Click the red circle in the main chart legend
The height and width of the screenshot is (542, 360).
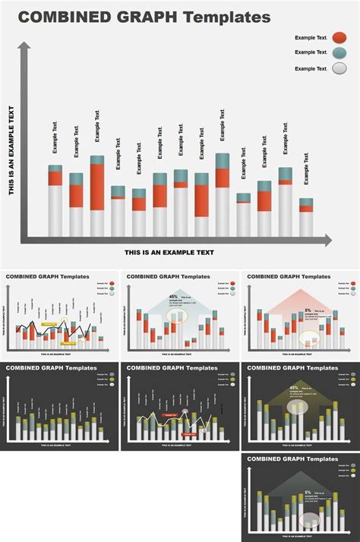[x=339, y=37]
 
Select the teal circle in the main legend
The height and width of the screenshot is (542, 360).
[x=339, y=52]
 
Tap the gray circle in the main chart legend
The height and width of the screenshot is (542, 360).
[x=339, y=68]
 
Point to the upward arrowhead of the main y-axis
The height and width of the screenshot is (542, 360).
[x=24, y=48]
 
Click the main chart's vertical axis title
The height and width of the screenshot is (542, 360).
[x=13, y=150]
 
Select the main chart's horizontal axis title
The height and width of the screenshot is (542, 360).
[x=169, y=253]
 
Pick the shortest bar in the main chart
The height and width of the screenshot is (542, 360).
[x=243, y=214]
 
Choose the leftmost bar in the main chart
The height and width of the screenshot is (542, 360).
[x=55, y=200]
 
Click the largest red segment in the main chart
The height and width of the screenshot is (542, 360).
[x=97, y=187]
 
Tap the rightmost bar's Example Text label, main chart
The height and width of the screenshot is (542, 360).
[x=306, y=168]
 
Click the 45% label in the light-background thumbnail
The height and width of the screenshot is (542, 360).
[x=173, y=297]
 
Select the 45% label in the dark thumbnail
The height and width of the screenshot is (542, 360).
[x=293, y=388]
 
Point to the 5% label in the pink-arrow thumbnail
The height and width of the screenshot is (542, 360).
[x=308, y=310]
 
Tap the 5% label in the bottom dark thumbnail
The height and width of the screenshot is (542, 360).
[x=308, y=492]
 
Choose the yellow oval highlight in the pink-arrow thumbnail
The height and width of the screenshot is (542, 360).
[x=310, y=338]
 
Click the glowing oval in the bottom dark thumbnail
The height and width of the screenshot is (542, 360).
[x=310, y=520]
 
